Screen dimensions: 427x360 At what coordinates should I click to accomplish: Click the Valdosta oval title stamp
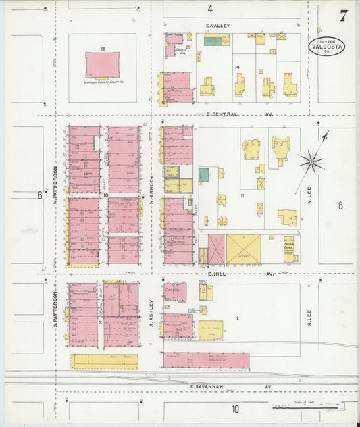tap(327, 46)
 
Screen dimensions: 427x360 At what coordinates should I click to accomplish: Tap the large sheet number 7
tap(344, 15)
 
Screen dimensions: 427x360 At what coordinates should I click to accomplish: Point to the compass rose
tap(311, 161)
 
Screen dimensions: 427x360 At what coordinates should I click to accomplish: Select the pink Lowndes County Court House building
tap(101, 66)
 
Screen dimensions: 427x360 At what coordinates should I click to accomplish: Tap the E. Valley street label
tap(218, 26)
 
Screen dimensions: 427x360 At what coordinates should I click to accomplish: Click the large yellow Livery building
tap(243, 249)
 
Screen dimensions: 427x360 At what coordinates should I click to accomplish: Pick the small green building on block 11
tap(203, 174)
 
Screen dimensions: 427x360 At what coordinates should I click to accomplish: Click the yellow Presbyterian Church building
tap(288, 249)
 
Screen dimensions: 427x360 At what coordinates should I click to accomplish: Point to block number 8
tap(340, 205)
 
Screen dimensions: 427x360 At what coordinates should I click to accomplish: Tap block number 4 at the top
tap(210, 9)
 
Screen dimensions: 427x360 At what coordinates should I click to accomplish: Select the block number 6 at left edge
tap(39, 196)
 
